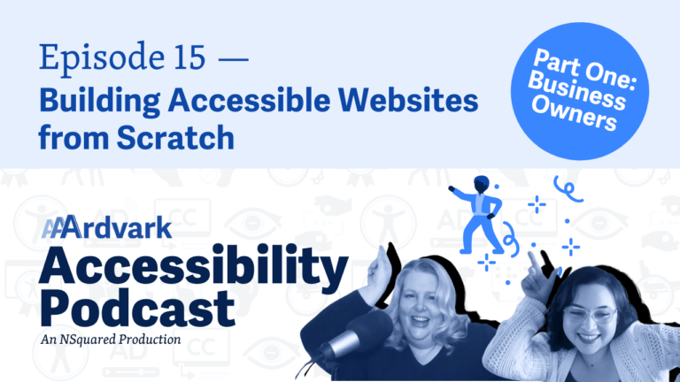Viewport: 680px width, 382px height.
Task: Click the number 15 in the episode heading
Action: coord(189,57)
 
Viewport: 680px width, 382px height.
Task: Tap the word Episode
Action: coord(103,57)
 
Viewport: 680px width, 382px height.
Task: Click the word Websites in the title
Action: coord(411,100)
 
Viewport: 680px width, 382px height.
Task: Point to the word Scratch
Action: coord(175,137)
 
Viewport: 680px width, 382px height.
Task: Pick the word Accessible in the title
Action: coord(250,100)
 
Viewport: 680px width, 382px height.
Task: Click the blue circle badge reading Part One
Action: coord(579,91)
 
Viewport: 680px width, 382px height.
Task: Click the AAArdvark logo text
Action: coord(106,227)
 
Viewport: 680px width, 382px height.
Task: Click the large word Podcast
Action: coord(137,309)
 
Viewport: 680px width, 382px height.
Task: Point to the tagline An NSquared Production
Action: coord(111,340)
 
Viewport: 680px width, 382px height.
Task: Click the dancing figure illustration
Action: coord(477,214)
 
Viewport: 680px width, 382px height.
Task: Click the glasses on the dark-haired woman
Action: coord(591,315)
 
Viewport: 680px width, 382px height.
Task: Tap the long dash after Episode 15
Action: coord(234,59)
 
